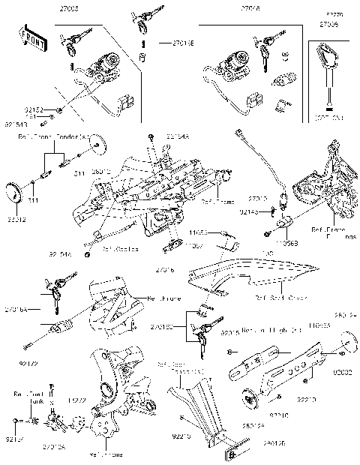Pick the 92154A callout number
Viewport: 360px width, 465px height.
[178, 136]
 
